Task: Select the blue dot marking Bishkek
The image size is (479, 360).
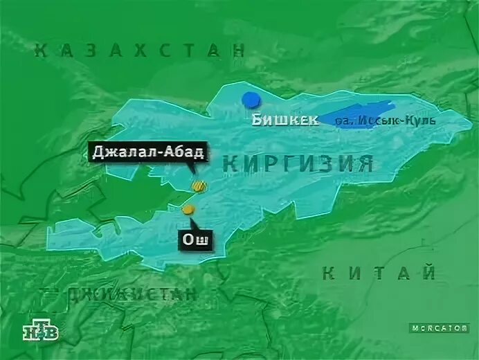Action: pos(249,100)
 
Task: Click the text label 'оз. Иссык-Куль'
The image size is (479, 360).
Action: pos(385,121)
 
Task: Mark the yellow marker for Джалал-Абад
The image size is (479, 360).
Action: pos(200,186)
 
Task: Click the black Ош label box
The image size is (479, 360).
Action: pos(196,240)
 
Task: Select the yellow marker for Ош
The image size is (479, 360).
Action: pos(188,209)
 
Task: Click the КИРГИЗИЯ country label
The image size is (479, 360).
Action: pos(299,164)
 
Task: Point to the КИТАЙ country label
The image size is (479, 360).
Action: pos(379,273)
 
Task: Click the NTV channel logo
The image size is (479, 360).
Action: pos(42,331)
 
